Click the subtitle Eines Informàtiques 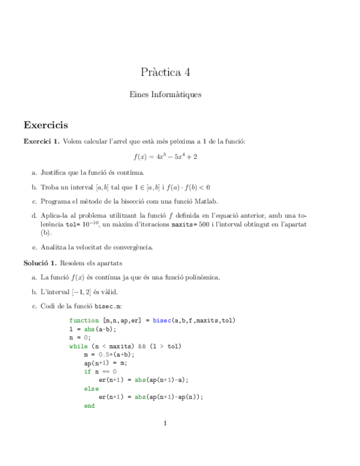[x=165, y=95]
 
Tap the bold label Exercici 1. [x=41, y=142]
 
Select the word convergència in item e [x=133, y=247]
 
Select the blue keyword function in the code [x=84, y=320]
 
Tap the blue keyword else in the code [x=91, y=389]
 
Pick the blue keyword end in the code [x=89, y=406]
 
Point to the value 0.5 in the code [x=105, y=355]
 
